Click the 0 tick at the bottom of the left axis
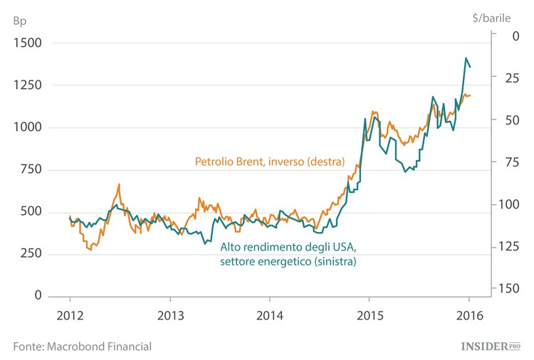click(38, 296)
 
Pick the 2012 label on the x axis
click(70, 316)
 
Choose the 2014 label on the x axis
click(269, 316)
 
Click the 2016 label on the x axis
click(468, 316)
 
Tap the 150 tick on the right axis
click(508, 287)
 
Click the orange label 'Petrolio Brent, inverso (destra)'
click(269, 162)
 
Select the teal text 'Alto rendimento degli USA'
click(288, 247)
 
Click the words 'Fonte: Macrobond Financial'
click(83, 346)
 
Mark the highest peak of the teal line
click(466, 58)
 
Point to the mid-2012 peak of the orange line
click(119, 184)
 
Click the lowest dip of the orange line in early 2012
click(90, 250)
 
